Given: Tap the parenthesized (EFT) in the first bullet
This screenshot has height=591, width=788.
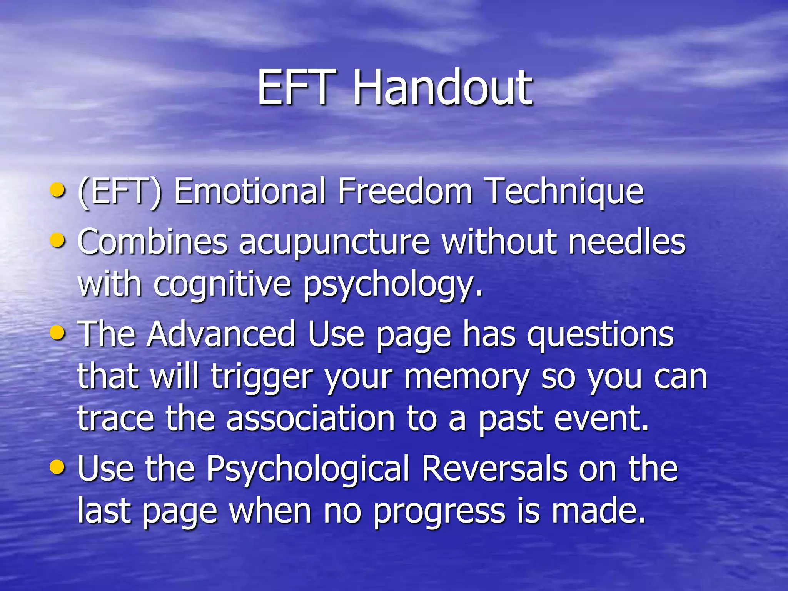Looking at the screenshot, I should point(120,191).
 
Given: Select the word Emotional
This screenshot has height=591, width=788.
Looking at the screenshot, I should point(250,191).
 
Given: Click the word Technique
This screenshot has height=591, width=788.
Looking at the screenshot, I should point(564,191).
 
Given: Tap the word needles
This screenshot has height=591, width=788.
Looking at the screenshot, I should point(627,242).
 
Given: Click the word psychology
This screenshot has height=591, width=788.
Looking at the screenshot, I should point(392,285).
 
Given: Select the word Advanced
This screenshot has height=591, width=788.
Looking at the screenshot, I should point(221,334).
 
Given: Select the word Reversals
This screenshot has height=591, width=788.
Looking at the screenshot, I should point(494,469).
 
